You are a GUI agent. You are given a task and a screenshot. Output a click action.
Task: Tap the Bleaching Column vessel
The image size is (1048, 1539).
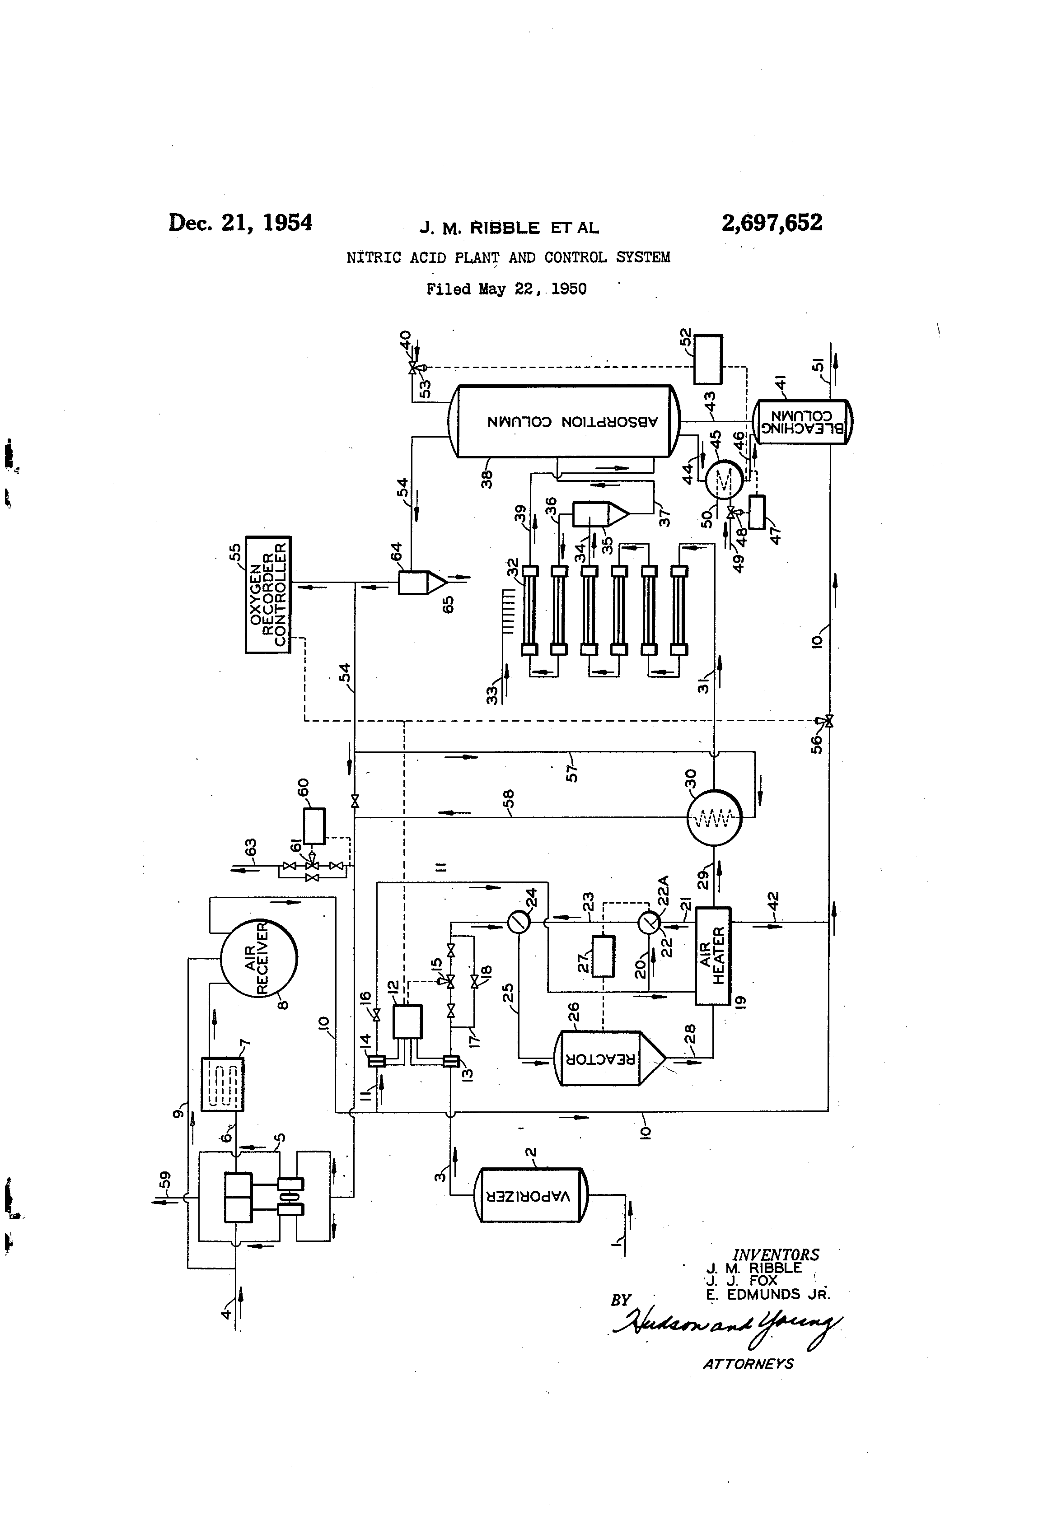click(802, 422)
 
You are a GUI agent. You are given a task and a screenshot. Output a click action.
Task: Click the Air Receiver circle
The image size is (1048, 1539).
click(258, 957)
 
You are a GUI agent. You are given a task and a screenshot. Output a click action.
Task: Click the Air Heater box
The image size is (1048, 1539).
click(713, 955)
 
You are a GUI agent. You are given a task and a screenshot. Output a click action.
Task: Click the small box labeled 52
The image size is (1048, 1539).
click(707, 359)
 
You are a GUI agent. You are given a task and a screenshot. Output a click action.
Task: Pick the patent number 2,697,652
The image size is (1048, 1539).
click(772, 223)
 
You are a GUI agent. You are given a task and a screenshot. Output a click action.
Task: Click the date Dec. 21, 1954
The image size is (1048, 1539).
click(240, 223)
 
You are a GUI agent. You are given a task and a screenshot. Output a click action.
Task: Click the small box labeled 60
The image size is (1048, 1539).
click(314, 826)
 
